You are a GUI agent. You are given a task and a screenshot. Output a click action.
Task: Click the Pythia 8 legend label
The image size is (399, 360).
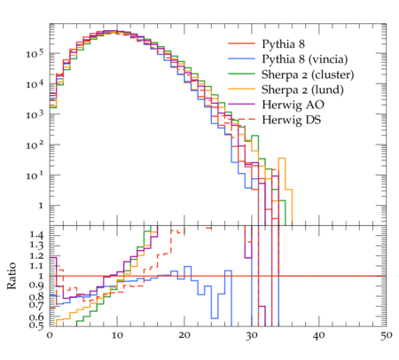coord(283,44)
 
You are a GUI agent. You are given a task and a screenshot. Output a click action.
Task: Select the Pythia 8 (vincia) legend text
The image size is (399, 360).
coord(305,59)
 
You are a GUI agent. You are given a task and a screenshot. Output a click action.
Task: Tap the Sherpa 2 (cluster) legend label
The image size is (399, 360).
coord(308,74)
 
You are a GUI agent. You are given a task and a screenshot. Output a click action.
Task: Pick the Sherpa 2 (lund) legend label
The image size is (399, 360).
coord(302,90)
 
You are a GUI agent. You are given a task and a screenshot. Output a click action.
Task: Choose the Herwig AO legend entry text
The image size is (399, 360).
coord(293,105)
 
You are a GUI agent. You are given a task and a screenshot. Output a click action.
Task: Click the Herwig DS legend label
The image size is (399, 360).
coord(292,120)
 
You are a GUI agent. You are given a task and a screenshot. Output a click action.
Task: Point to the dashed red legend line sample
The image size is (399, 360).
coord(241,119)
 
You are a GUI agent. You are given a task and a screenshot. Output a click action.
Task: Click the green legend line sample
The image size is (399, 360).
coord(241,73)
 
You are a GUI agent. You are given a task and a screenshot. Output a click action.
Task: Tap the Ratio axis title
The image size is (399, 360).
coord(12,276)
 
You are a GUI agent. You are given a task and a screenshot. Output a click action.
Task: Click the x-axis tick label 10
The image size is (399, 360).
coord(117,336)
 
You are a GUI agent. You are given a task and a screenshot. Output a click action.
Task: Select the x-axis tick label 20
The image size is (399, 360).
coord(184,336)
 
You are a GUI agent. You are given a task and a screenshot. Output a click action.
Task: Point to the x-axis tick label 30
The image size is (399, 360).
coord(252,336)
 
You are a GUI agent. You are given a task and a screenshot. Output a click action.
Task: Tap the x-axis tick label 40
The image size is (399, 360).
coord(319,336)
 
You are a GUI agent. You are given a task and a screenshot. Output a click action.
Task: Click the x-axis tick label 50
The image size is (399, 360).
coord(386,336)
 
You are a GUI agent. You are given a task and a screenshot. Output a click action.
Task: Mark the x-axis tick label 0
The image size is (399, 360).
coord(50,336)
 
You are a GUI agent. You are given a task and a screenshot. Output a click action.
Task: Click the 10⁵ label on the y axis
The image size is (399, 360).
coord(35,54)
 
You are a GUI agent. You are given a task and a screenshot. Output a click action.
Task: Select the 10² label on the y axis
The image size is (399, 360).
coord(35,145)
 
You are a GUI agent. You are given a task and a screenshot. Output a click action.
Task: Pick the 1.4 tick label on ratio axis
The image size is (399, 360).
coord(36,235)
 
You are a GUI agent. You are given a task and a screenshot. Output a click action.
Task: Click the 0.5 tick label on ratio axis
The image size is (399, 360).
coord(36,325)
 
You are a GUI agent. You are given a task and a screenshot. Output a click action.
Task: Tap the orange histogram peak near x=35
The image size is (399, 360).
coord(282,158)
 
